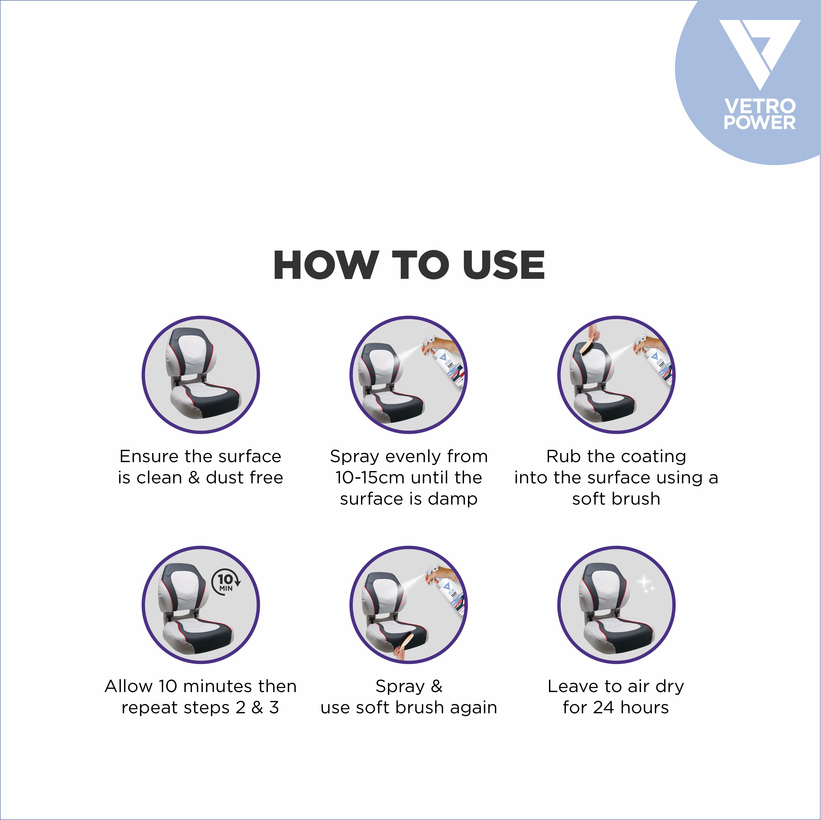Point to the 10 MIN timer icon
tap(226, 581)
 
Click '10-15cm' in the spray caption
tap(369, 478)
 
